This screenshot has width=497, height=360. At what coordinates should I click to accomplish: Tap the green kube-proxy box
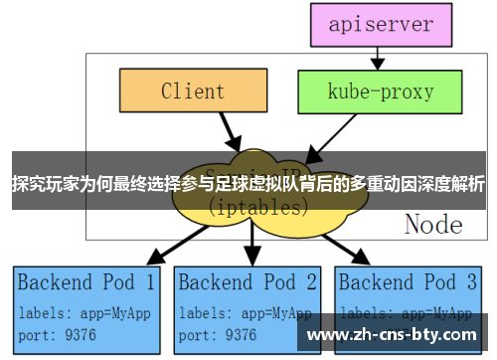point(367,91)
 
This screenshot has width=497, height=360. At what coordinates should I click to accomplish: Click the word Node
point(432,224)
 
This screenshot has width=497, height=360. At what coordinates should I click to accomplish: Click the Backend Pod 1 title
point(86,281)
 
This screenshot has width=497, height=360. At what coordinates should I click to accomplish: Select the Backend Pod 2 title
point(248,281)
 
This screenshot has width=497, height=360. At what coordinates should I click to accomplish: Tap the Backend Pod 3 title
point(409,281)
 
